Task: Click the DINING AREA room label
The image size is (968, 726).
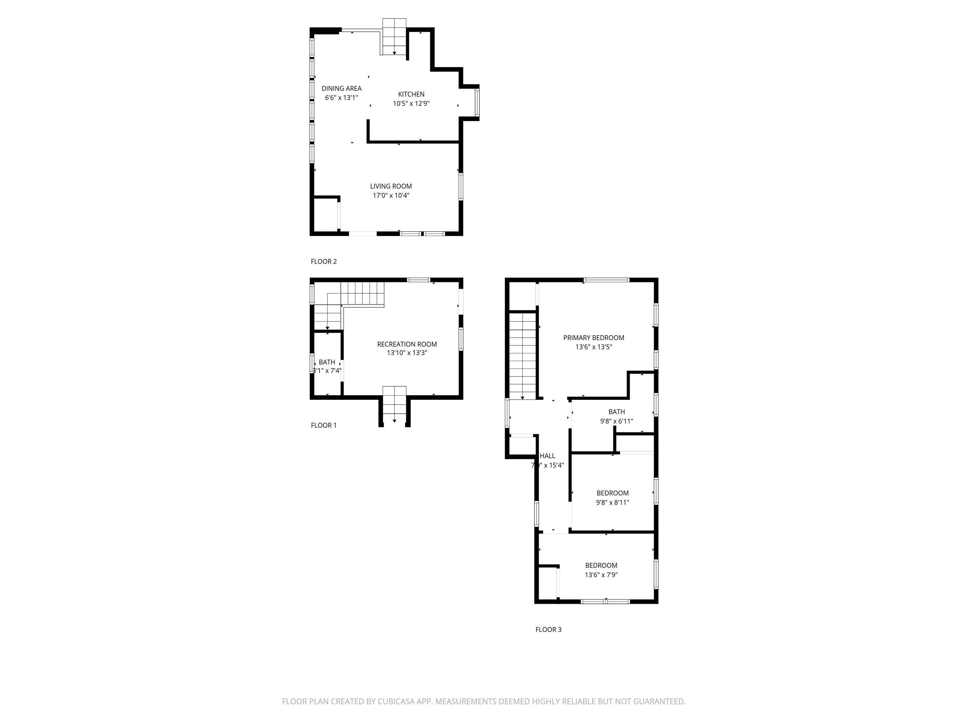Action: coord(341,89)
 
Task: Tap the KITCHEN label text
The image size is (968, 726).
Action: coord(411,94)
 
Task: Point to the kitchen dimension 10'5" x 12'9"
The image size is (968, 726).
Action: coord(411,104)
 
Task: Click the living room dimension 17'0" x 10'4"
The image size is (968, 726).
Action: coord(391,196)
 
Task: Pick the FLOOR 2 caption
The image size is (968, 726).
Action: coord(323,262)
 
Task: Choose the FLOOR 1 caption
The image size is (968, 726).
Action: coord(323,425)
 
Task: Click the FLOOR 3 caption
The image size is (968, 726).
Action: coord(548,630)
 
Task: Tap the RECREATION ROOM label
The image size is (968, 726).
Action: coord(406,344)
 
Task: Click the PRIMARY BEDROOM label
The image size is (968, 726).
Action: coord(593,338)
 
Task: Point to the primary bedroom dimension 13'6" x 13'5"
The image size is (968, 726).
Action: coord(593,347)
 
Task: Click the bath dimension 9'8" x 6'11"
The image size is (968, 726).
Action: coord(616,421)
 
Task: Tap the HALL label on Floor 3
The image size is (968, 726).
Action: coord(547,456)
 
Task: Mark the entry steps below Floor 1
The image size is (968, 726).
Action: coord(394,405)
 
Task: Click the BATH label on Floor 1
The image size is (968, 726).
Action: coord(327,362)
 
